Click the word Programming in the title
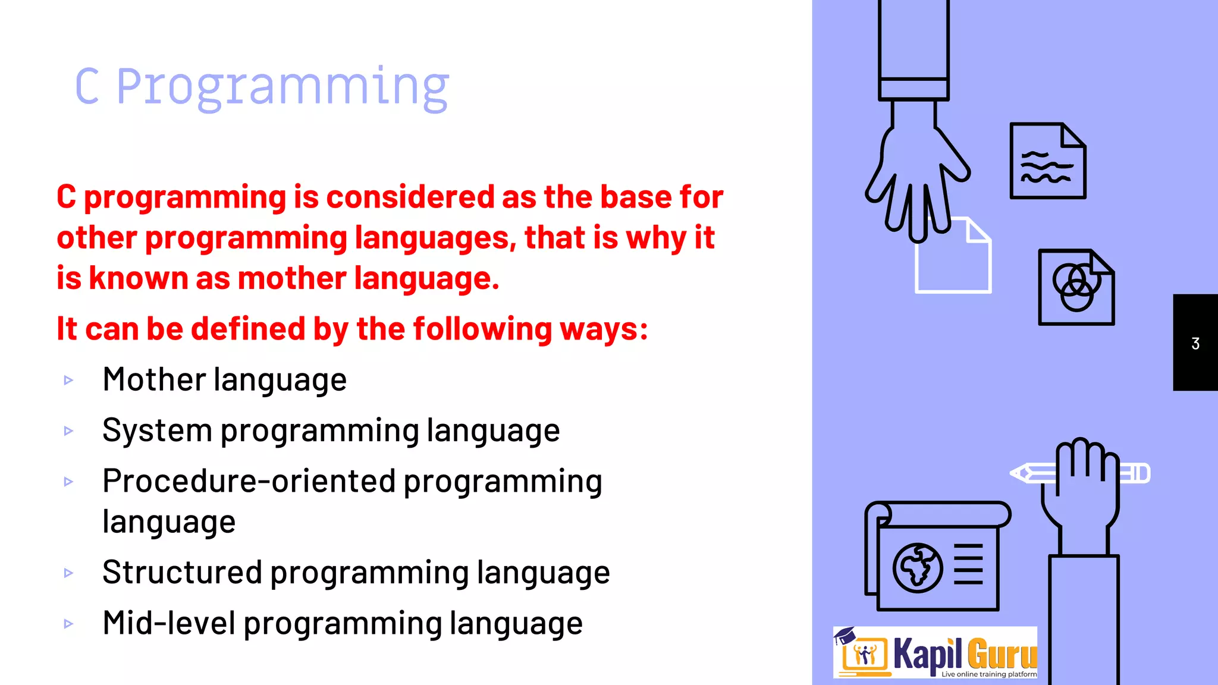click(x=282, y=88)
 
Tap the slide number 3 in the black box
click(x=1195, y=344)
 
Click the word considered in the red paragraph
click(x=410, y=197)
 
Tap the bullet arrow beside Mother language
click(x=68, y=380)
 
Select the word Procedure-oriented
click(x=249, y=480)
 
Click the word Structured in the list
click(x=181, y=572)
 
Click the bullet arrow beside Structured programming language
click(x=68, y=573)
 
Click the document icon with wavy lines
click(x=1047, y=161)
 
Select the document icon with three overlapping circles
click(x=1076, y=288)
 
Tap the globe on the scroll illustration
click(x=917, y=568)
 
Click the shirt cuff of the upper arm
click(x=913, y=89)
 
